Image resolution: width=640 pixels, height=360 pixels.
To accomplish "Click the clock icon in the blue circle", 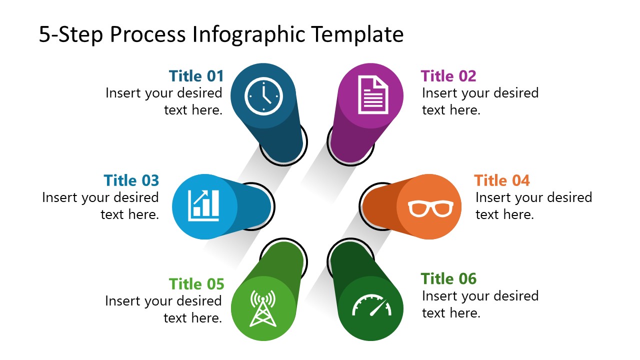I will [x=263, y=95].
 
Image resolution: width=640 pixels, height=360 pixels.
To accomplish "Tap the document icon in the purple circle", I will [x=372, y=95].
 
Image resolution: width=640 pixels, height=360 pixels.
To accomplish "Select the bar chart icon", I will [x=203, y=205].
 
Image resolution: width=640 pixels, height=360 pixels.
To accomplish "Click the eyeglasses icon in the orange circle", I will [x=430, y=207].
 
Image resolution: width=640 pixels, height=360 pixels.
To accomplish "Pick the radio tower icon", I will [x=262, y=308].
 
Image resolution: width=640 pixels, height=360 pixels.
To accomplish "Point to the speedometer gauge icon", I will [x=370, y=306].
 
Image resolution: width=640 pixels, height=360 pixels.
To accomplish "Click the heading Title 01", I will [x=196, y=76].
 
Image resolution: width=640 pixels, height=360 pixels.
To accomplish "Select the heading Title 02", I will [x=448, y=76].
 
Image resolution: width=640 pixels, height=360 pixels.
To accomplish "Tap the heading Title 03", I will [x=131, y=180].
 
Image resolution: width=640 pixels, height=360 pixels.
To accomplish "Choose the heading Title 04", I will [x=501, y=180].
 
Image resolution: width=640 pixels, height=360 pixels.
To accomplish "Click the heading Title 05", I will [x=196, y=284].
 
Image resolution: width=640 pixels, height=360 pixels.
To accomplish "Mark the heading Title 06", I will [x=448, y=278].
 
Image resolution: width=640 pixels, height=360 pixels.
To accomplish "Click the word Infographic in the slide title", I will [x=253, y=35].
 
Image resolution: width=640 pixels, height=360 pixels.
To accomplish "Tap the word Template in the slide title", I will [x=357, y=35].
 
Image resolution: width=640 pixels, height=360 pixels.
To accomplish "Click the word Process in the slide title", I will [x=150, y=35].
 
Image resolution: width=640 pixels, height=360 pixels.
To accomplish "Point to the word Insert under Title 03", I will [x=59, y=197].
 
